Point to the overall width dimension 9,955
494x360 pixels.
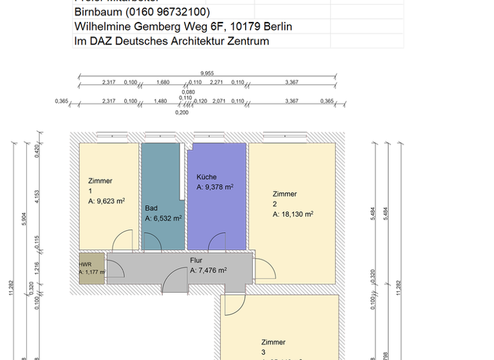point(207,73)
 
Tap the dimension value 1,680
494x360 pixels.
point(163,82)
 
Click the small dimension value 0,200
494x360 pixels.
point(182,113)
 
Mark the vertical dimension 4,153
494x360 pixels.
point(37,195)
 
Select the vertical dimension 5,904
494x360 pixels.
point(24,219)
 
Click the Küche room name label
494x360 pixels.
point(206,177)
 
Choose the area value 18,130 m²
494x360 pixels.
point(296,214)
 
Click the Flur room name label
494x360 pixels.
point(196,261)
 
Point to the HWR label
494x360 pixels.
point(85,264)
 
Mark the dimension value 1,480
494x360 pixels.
point(160,102)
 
